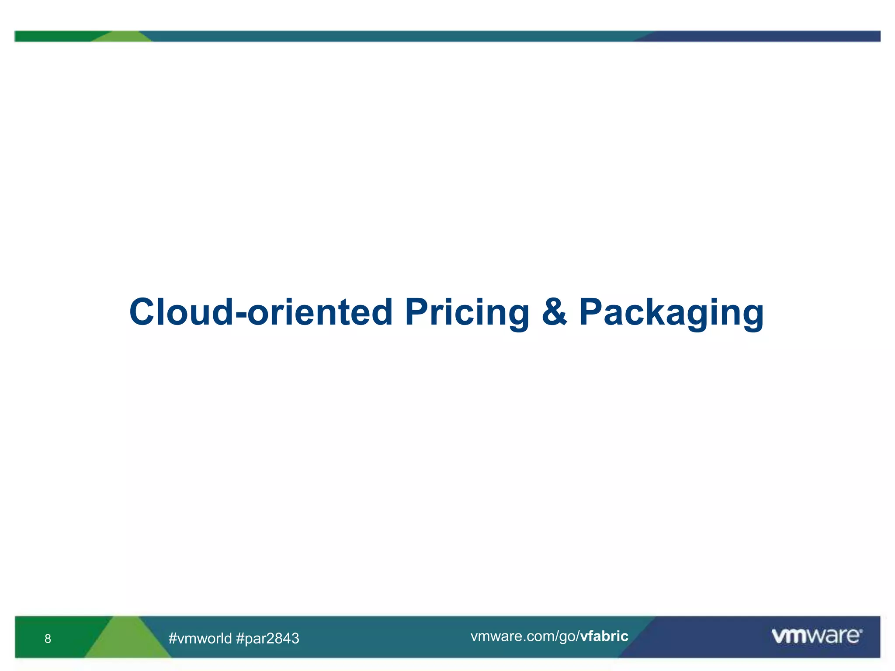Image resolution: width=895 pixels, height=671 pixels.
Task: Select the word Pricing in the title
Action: [467, 313]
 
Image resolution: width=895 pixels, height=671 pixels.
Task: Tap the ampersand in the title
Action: [554, 312]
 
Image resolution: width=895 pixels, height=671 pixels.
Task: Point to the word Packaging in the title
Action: [671, 313]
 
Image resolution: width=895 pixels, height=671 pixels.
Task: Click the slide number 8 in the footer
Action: [48, 639]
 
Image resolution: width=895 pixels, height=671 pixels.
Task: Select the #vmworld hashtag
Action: [200, 638]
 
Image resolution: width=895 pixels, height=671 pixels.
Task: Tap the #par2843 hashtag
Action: [267, 638]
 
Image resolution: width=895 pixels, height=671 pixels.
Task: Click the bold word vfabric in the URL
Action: [604, 636]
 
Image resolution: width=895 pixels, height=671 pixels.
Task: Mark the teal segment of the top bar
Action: [393, 36]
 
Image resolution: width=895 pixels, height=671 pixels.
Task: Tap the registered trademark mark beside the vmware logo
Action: [861, 630]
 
